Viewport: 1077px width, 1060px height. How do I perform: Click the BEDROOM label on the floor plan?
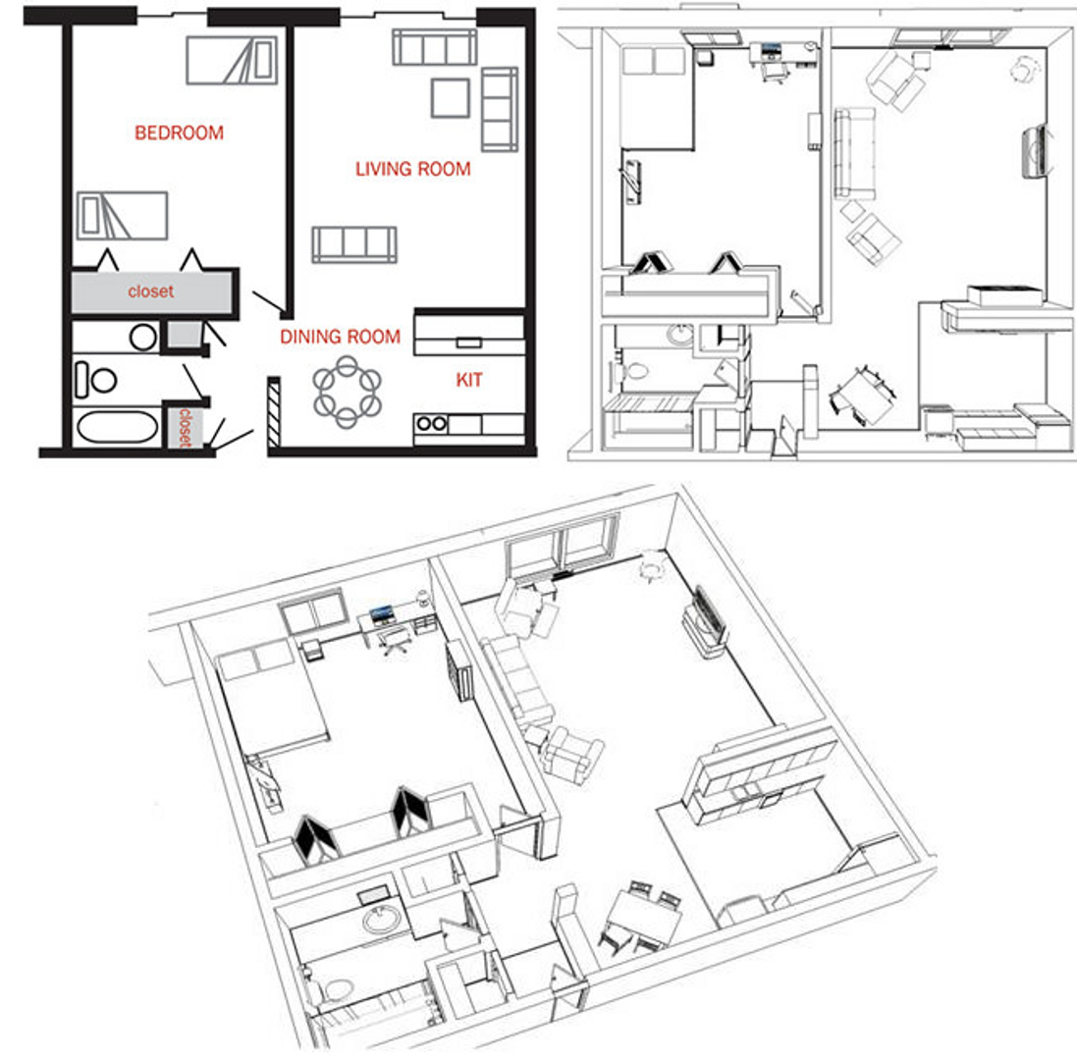click(179, 132)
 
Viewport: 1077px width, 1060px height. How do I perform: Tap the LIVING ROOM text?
click(412, 169)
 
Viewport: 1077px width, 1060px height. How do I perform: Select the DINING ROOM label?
click(340, 337)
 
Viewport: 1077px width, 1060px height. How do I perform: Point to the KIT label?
click(469, 380)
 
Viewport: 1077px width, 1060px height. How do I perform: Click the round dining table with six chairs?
click(347, 392)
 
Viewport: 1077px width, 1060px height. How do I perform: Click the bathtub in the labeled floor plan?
click(116, 428)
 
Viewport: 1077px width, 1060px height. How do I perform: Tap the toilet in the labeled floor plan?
click(94, 380)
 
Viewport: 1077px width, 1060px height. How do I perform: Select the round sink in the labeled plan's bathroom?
click(143, 339)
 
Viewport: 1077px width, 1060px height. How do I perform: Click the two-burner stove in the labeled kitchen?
click(431, 424)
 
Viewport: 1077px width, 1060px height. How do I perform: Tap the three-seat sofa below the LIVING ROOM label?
click(354, 243)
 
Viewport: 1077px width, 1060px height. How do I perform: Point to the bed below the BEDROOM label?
click(123, 215)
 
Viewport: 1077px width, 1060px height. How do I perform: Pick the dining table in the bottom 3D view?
click(644, 919)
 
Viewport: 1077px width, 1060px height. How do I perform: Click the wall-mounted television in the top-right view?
click(1034, 151)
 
